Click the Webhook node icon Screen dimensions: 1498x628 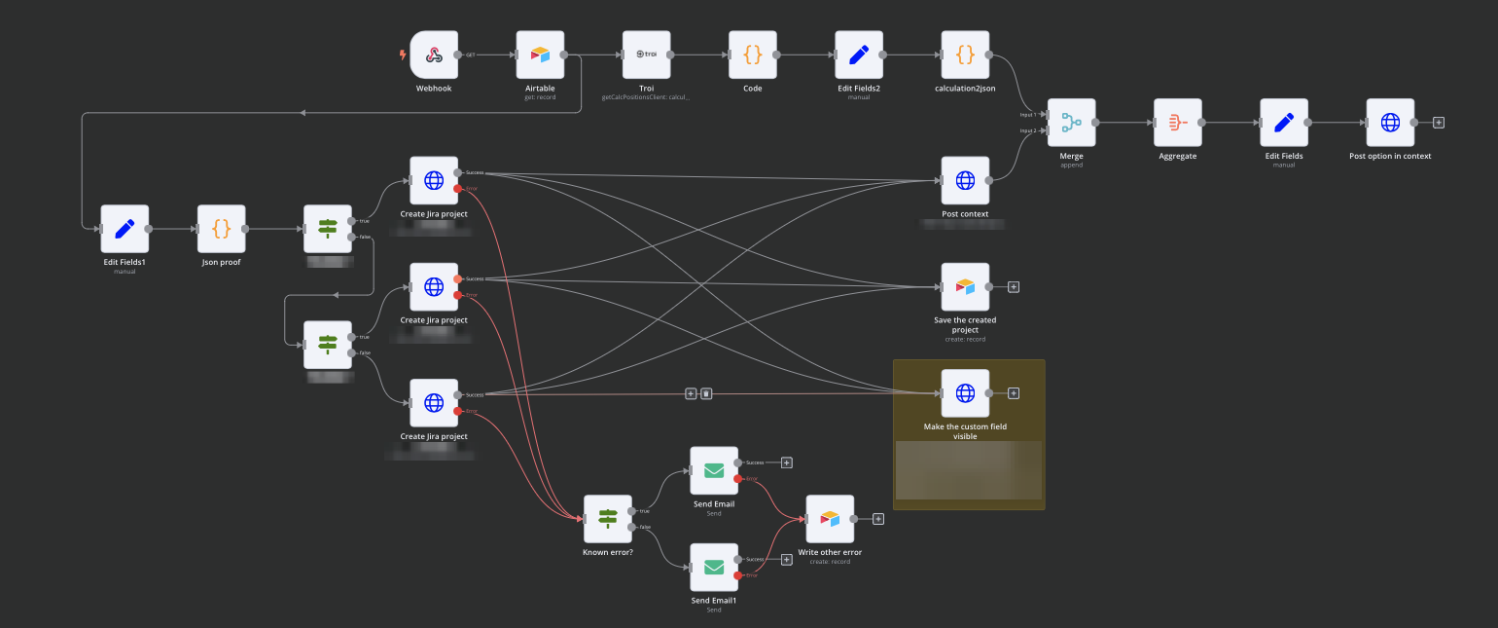434,55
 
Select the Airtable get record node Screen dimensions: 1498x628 540,55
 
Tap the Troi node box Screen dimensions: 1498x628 646,55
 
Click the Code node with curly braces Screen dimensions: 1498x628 752,55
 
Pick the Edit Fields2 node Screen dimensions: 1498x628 859,55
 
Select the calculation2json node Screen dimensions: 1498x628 965,55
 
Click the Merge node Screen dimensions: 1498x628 1071,123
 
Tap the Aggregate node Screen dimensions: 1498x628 1177,123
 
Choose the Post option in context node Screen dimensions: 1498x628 1390,123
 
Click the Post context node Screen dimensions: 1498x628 965,181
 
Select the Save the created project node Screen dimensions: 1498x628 965,287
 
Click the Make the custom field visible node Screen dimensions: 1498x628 965,393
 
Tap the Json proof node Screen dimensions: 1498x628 222,229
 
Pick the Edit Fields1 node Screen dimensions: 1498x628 125,229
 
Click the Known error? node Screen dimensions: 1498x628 607,519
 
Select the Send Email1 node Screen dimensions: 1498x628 714,568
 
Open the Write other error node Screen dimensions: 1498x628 830,519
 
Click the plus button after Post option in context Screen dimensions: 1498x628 1439,123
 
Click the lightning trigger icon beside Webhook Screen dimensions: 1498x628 403,55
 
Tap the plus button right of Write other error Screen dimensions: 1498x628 878,519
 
